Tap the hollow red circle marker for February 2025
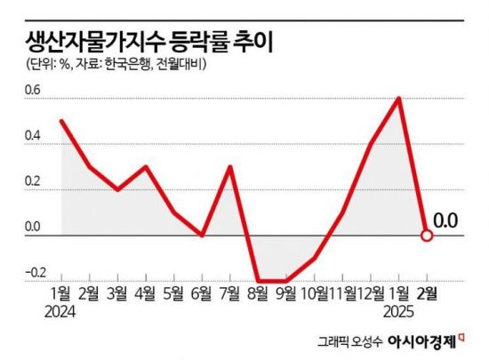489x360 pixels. pos(427,236)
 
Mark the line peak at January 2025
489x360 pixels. pos(399,98)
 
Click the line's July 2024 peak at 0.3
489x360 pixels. pos(229,166)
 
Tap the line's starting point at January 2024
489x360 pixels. pos(60,121)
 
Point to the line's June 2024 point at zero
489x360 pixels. pos(202,235)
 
